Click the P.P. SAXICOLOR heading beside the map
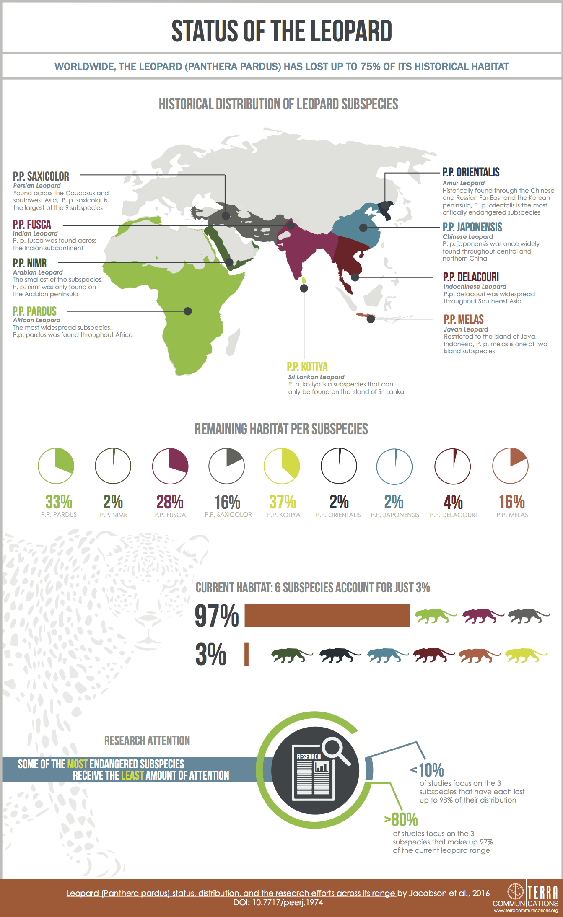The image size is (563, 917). pos(41,176)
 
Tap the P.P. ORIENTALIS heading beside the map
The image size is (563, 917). pos(471,172)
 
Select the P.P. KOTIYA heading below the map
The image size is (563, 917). pos(307,367)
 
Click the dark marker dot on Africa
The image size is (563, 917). pos(188,311)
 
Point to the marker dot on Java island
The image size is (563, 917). pos(371,319)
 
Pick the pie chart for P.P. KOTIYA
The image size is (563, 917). pos(282,466)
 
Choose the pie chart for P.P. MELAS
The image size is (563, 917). pos(510,466)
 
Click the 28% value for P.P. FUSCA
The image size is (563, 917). pos(170,502)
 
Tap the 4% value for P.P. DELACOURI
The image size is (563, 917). pos(453,502)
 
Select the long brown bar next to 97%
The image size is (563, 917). pos(327,616)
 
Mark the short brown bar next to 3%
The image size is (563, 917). pos(246,654)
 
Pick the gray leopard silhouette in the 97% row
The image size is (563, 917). pos(528,616)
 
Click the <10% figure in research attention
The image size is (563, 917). pos(427,770)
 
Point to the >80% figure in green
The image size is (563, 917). pos(401,819)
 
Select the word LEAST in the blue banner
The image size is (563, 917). pos(132,775)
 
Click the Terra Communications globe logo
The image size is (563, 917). pos(516,891)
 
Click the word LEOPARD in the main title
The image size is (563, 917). pos(351,31)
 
